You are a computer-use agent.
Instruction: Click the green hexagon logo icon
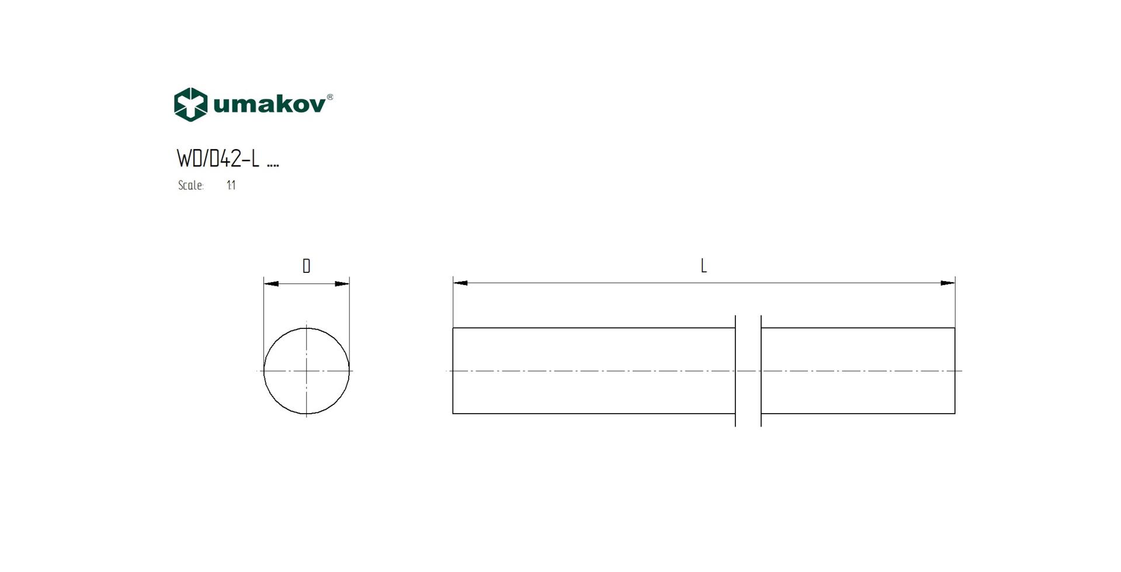(x=190, y=105)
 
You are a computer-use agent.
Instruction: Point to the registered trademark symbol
(x=330, y=97)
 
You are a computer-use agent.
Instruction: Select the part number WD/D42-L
(x=217, y=158)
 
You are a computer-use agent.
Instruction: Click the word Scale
(x=190, y=185)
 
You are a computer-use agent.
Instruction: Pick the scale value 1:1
(x=231, y=185)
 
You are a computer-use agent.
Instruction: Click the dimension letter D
(x=307, y=266)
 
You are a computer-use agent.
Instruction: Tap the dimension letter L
(x=704, y=266)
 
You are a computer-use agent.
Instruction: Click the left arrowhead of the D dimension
(x=270, y=284)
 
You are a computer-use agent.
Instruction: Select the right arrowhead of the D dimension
(x=342, y=284)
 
